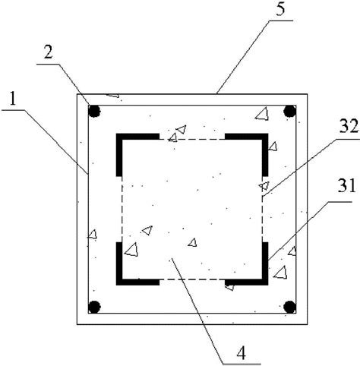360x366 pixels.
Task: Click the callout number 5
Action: (x=280, y=9)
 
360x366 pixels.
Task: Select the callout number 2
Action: (x=48, y=52)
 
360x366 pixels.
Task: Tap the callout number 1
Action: (x=13, y=99)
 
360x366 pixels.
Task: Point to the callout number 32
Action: (x=349, y=127)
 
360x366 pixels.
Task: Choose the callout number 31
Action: (x=346, y=187)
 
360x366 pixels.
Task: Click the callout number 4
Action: (x=242, y=353)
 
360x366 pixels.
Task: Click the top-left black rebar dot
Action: (x=94, y=112)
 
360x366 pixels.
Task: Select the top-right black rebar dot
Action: (x=289, y=112)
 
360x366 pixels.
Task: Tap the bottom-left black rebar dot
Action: (x=94, y=307)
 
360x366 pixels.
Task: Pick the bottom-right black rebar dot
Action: (x=289, y=307)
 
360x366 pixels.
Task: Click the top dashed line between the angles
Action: (x=192, y=140)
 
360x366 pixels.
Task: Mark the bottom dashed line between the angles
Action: (x=192, y=279)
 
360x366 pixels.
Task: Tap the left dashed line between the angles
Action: (x=122, y=210)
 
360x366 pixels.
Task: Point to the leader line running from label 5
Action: (x=254, y=57)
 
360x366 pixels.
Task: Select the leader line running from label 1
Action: (x=45, y=142)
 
